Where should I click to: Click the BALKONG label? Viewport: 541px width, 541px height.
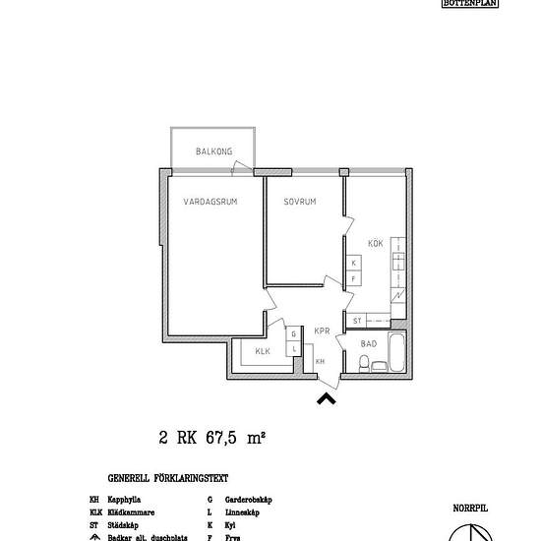pos(213,151)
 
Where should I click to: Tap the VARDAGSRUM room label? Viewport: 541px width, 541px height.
pos(210,202)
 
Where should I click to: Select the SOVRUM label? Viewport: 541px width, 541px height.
pos(299,202)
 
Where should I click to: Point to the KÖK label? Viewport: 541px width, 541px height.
pos(375,243)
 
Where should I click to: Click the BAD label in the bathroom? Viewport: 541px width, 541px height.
pos(369,343)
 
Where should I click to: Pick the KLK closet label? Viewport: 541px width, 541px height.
pos(263,351)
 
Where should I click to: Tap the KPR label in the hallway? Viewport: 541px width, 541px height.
pos(321,331)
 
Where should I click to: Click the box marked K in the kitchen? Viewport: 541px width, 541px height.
pos(352,264)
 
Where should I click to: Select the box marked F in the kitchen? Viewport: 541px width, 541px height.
pos(352,278)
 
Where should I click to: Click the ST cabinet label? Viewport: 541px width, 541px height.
pos(357,321)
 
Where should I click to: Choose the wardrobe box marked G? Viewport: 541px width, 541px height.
pos(293,334)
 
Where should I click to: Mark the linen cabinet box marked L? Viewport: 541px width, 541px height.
pos(293,348)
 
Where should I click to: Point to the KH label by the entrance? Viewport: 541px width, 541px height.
pos(321,362)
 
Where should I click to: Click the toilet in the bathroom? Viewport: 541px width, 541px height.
pos(365,365)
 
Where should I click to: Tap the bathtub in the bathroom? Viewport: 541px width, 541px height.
pos(396,354)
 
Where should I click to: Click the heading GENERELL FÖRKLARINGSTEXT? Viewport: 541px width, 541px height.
pos(168,479)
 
